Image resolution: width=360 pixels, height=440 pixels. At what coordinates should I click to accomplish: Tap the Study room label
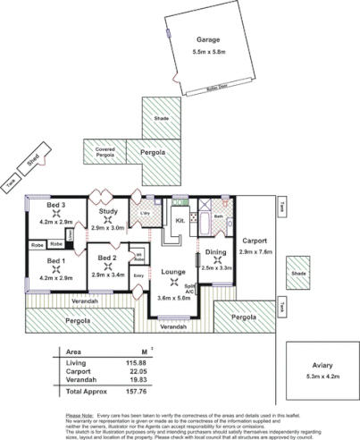[108, 212]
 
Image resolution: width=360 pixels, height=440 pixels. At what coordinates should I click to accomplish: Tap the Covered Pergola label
[105, 151]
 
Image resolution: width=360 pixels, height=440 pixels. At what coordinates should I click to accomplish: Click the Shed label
[32, 161]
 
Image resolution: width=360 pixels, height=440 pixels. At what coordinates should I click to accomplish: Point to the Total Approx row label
[88, 390]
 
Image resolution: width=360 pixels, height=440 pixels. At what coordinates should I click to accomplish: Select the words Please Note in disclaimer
[80, 417]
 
